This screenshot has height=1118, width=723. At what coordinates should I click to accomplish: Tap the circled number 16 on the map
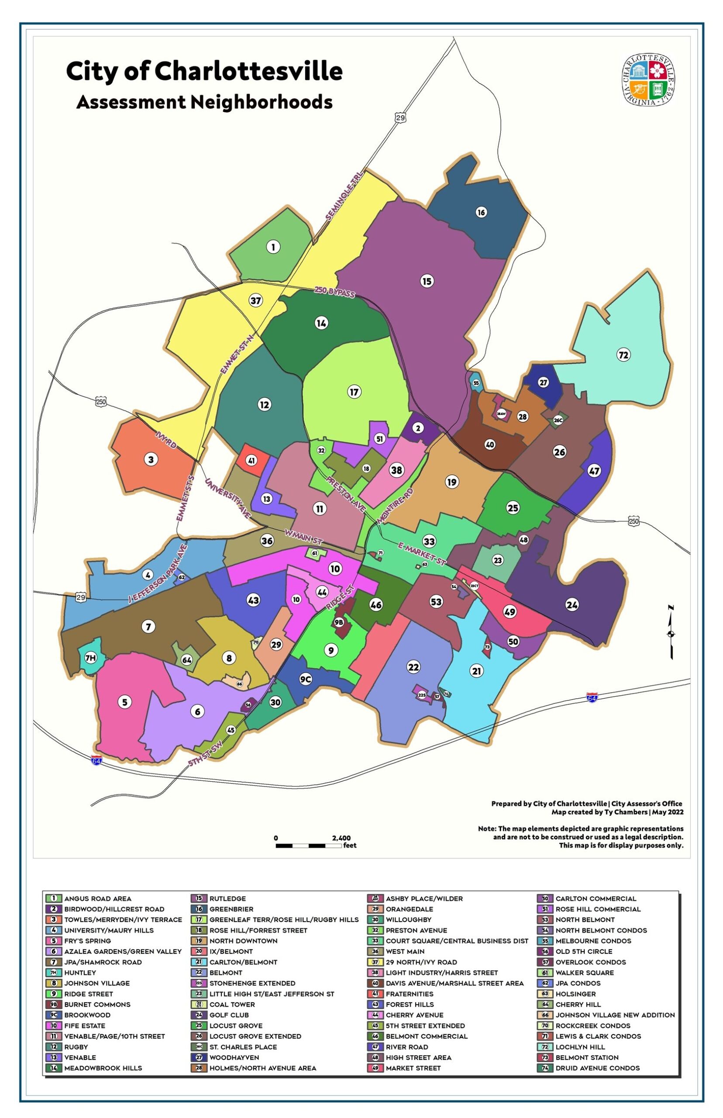click(x=481, y=212)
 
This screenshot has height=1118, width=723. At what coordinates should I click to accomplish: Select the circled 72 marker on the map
click(x=623, y=355)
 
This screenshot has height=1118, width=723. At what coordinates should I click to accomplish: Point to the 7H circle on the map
click(x=90, y=658)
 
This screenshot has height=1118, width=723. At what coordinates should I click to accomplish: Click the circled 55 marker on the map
click(x=476, y=383)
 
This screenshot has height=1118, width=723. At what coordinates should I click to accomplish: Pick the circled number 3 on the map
click(x=151, y=460)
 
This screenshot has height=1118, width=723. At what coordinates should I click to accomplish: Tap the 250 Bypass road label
click(x=334, y=292)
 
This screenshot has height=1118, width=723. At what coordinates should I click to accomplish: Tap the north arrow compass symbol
click(x=671, y=632)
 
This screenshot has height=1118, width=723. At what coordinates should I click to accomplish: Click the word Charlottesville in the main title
click(x=248, y=71)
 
